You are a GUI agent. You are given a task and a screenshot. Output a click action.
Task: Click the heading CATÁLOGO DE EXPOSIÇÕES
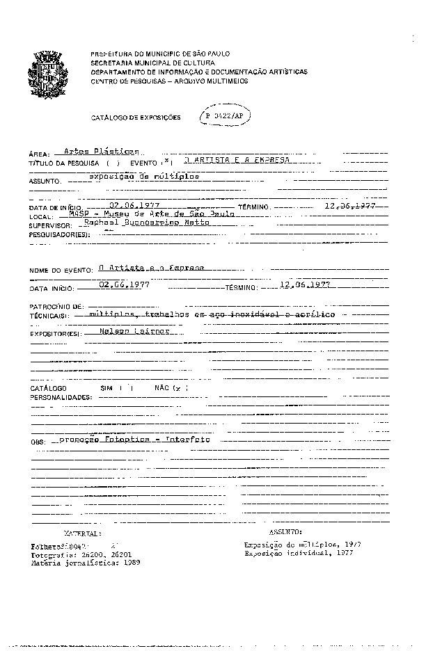(136, 118)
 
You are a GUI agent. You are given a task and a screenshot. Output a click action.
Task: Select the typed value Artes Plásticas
(101, 151)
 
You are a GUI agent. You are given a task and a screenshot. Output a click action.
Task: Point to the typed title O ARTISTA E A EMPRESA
(232, 160)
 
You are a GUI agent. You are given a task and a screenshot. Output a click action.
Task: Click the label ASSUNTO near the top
(45, 180)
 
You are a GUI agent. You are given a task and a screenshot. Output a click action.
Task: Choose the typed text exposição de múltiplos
(143, 177)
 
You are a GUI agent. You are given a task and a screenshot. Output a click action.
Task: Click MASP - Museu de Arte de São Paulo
(152, 214)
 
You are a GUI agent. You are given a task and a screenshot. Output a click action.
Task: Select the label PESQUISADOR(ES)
(59, 235)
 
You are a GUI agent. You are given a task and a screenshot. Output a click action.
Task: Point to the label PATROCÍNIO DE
(57, 306)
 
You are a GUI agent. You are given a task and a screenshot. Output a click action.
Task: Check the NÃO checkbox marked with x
(178, 387)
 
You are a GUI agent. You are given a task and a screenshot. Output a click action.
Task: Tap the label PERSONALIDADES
(61, 397)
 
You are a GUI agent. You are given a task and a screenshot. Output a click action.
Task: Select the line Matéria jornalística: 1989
(86, 563)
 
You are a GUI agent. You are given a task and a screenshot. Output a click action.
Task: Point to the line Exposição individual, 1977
(299, 553)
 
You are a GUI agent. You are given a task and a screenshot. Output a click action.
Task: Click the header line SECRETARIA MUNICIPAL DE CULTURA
(152, 63)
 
